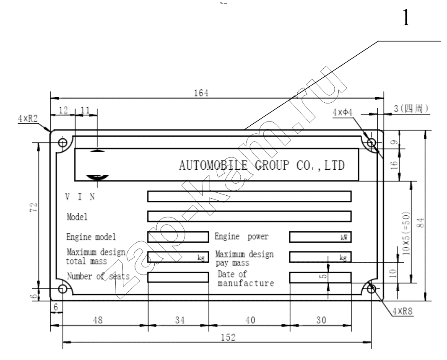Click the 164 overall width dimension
(201, 93)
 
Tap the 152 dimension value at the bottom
(229, 337)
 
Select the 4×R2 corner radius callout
(28, 119)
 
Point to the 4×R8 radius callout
(403, 311)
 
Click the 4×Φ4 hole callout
(342, 112)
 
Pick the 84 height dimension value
(421, 223)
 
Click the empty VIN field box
(249, 197)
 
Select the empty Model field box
(249, 216)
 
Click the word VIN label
(80, 197)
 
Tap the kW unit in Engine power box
(344, 237)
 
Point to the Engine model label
(91, 237)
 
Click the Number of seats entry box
(178, 277)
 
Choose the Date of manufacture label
(246, 279)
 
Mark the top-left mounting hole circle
(63, 142)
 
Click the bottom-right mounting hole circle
(371, 289)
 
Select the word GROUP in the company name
(272, 166)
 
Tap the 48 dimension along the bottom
(98, 320)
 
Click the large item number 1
(406, 17)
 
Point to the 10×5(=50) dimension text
(406, 233)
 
